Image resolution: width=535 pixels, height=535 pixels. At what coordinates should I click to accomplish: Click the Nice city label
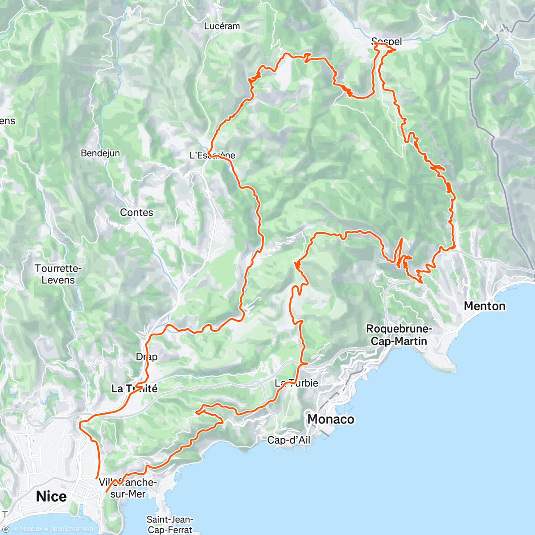pyautogui.click(x=51, y=496)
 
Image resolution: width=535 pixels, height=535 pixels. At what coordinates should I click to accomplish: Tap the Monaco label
pyautogui.click(x=331, y=419)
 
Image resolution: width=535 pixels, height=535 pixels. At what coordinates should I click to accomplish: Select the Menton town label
pyautogui.click(x=485, y=306)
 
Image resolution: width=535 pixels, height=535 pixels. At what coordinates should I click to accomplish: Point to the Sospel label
pyautogui.click(x=387, y=41)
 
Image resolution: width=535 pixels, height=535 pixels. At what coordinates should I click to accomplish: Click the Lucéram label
pyautogui.click(x=222, y=26)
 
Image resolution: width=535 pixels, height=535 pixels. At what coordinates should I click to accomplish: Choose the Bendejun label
pyautogui.click(x=100, y=153)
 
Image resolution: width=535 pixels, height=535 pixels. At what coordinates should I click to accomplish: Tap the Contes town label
pyautogui.click(x=136, y=213)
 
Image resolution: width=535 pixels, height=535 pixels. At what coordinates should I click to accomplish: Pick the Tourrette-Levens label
pyautogui.click(x=58, y=274)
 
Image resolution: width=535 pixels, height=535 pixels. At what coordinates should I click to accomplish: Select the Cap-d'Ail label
pyautogui.click(x=288, y=440)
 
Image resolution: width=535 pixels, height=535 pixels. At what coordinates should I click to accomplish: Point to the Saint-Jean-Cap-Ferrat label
pyautogui.click(x=170, y=524)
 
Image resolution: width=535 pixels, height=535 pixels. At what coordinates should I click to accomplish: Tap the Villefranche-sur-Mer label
pyautogui.click(x=128, y=488)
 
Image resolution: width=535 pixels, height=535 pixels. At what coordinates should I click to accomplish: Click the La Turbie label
pyautogui.click(x=296, y=383)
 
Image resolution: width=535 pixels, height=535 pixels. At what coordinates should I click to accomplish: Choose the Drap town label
pyautogui.click(x=147, y=357)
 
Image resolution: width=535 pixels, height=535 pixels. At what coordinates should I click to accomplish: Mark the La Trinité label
pyautogui.click(x=134, y=389)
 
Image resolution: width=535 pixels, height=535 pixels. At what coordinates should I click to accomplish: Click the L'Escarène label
pyautogui.click(x=213, y=156)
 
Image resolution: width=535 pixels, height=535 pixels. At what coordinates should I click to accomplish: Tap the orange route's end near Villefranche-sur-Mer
pyautogui.click(x=106, y=491)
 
